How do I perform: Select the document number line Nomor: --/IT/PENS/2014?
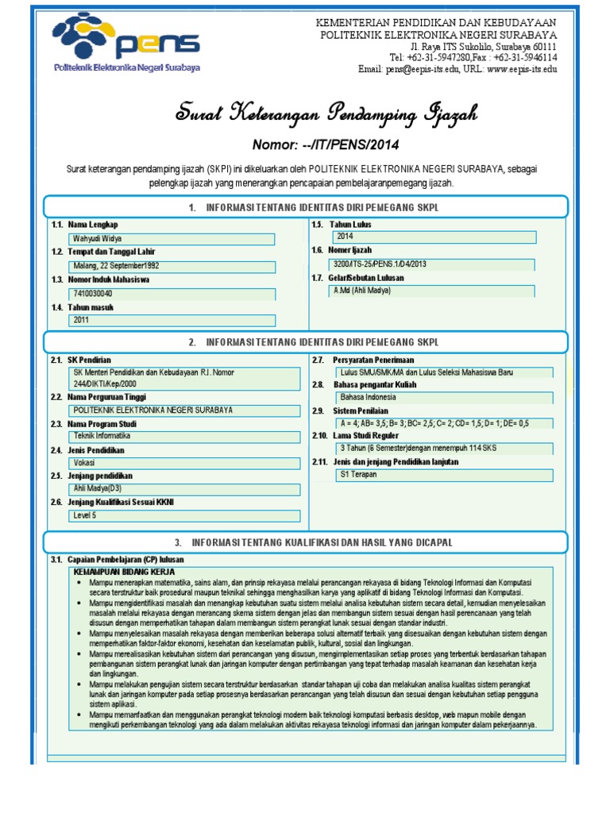point(325,144)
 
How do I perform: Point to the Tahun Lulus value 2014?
point(434,237)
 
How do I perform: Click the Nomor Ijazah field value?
point(434,264)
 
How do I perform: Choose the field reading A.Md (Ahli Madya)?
point(434,291)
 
